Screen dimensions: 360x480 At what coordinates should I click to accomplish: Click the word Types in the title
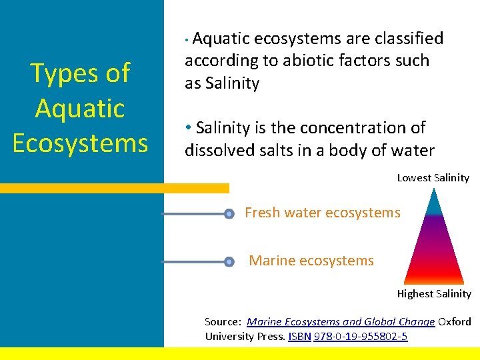(x=67, y=74)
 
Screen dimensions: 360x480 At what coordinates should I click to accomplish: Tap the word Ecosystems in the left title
(x=80, y=143)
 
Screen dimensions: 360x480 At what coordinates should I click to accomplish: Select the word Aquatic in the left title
(x=80, y=108)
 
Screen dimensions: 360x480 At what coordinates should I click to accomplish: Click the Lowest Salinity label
(x=433, y=178)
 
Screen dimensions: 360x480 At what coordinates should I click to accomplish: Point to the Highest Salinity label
(x=434, y=294)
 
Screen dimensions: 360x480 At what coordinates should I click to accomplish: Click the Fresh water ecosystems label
(x=323, y=213)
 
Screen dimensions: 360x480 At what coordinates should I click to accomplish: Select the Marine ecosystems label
(x=311, y=261)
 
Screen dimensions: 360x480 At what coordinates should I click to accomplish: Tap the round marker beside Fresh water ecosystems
(x=229, y=214)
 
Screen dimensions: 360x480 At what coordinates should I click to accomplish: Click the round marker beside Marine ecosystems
(x=229, y=262)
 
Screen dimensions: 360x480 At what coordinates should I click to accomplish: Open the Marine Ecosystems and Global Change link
(x=341, y=321)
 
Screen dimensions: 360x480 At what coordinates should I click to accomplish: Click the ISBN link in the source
(x=299, y=336)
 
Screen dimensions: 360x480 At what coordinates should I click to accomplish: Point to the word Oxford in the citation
(x=455, y=321)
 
